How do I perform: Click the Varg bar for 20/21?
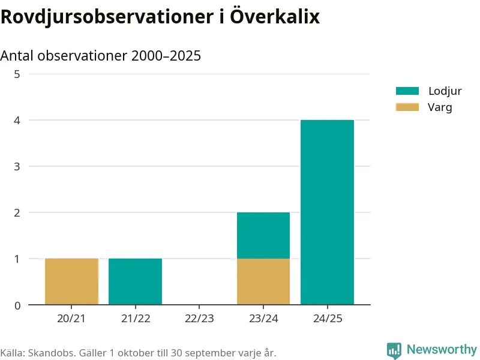[x=71, y=281]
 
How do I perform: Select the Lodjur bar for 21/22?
[x=136, y=281]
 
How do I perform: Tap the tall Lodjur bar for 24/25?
[x=327, y=212]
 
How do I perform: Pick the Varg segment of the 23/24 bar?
[x=263, y=281]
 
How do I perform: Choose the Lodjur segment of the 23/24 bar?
[x=263, y=235]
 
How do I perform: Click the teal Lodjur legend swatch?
[x=407, y=91]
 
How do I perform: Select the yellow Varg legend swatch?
[x=407, y=107]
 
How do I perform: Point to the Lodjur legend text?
[x=445, y=91]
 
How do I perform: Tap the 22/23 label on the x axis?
[x=199, y=319]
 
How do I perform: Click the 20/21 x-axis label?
[x=71, y=319]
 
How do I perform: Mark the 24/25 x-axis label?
[x=328, y=319]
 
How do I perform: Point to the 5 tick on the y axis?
[x=17, y=74]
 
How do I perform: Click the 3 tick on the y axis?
[x=17, y=167]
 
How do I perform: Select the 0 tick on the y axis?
[x=17, y=305]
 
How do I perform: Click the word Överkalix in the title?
[x=275, y=16]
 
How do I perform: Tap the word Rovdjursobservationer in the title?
[x=107, y=17]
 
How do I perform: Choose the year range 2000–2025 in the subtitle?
[x=166, y=56]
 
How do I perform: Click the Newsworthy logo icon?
[x=394, y=350]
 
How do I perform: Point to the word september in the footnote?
[x=206, y=353]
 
